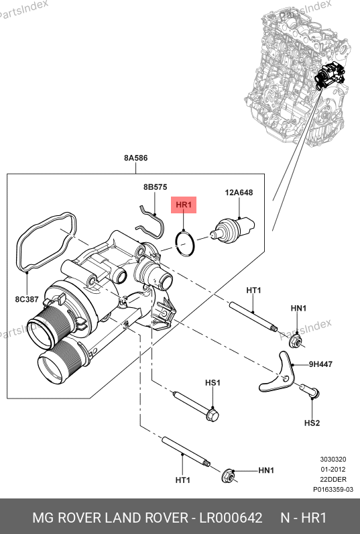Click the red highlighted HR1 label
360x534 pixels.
tap(184, 205)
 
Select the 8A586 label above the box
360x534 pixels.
tap(136, 158)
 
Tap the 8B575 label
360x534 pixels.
tap(155, 187)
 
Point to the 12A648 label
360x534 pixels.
tap(239, 193)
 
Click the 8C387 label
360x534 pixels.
tap(27, 299)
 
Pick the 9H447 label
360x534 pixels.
tap(320, 364)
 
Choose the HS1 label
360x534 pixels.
tap(213, 383)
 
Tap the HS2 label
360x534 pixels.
tap(312, 423)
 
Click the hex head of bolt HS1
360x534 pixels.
tap(212, 415)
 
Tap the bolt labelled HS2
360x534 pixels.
tap(310, 391)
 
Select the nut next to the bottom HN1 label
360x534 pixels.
tap(228, 476)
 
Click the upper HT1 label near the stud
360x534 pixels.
tap(253, 290)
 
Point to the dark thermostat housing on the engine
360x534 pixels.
tap(330, 75)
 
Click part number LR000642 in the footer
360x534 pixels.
tap(231, 518)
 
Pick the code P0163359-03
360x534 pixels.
tap(333, 489)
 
